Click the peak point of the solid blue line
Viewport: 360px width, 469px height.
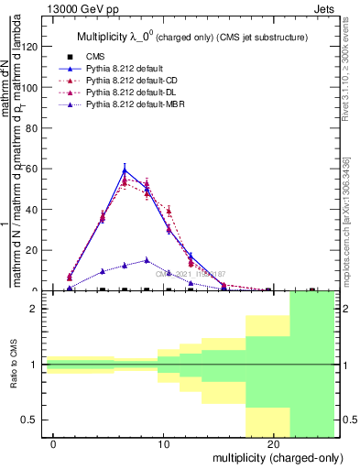tap(125, 169)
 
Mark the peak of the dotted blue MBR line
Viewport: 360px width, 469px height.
tap(147, 260)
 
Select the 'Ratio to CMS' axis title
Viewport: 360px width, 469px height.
tap(14, 365)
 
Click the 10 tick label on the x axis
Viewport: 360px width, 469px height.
tap(163, 444)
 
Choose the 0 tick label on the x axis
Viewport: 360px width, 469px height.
tap(54, 444)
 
